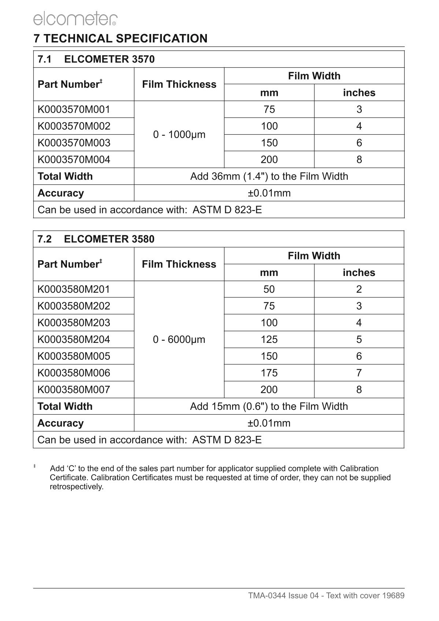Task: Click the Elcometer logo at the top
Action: (x=75, y=18)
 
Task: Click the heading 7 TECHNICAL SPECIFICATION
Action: (x=120, y=38)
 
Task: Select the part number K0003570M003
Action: (x=74, y=143)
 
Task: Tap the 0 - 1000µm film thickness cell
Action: (x=179, y=135)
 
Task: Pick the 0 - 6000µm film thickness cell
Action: (x=179, y=340)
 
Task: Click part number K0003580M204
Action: (x=74, y=340)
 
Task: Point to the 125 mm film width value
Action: (x=269, y=340)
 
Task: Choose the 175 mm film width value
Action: (x=269, y=373)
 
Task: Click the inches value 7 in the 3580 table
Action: (x=359, y=373)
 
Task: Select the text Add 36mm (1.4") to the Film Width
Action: (x=269, y=176)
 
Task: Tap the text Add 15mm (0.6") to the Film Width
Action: (x=269, y=406)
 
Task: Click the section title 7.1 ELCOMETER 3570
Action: (x=96, y=59)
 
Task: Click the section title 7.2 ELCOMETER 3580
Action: (x=96, y=239)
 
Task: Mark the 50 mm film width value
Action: (x=269, y=289)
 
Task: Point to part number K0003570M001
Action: (x=74, y=109)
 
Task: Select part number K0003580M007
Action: (x=74, y=390)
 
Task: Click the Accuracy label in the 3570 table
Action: (x=61, y=193)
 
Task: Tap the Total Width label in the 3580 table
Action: (x=65, y=406)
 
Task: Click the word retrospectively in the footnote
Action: (x=77, y=487)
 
